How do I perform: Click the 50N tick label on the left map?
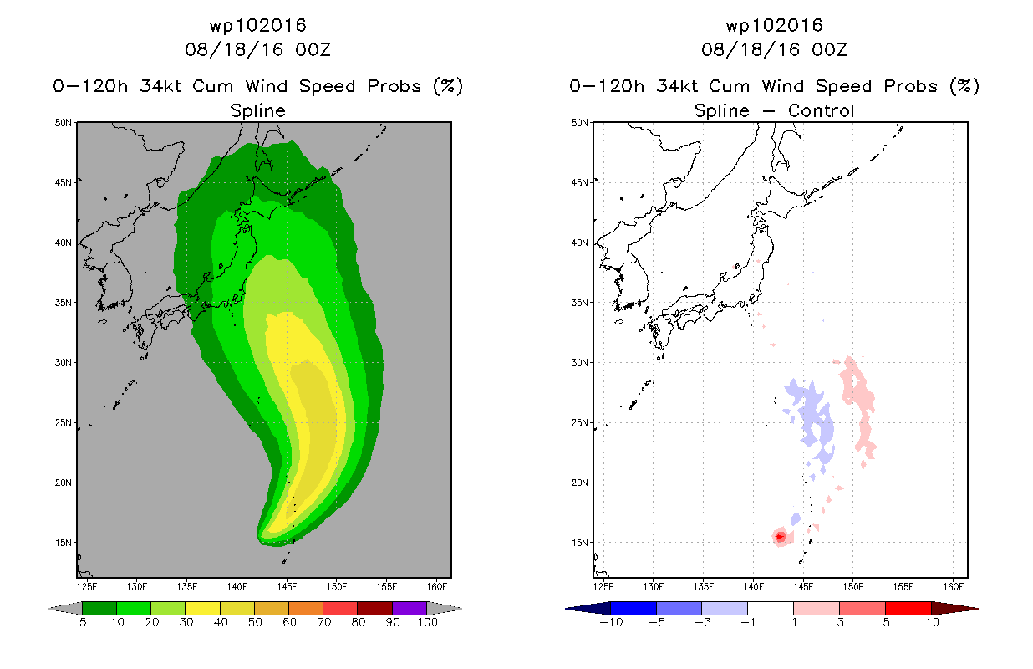tap(64, 123)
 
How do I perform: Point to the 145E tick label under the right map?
tap(803, 587)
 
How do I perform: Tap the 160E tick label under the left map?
tap(436, 587)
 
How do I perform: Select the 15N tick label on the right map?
tap(580, 543)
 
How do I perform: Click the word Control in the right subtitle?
tap(822, 110)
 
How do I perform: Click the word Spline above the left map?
tap(257, 111)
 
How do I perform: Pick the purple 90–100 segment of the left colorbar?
tap(410, 608)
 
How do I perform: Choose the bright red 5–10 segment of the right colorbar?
tap(908, 608)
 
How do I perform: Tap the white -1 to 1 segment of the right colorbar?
tap(771, 608)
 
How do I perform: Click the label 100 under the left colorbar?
tap(427, 623)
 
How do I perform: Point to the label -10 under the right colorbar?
tap(611, 623)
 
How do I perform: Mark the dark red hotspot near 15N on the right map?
tap(780, 537)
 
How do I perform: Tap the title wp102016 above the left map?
tap(257, 26)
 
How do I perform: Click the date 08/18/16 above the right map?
tap(751, 49)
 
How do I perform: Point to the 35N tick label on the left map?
tap(64, 303)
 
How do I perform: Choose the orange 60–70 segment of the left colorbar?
tap(306, 608)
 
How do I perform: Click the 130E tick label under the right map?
tap(653, 587)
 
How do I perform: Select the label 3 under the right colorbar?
tap(840, 623)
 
